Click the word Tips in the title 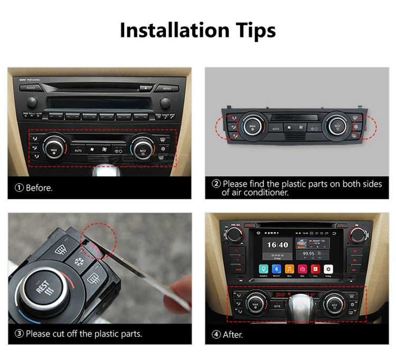(250, 30)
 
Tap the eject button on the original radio (143, 88)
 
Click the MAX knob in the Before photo (53, 148)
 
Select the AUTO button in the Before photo (78, 150)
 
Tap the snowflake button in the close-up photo (80, 261)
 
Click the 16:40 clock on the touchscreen (277, 244)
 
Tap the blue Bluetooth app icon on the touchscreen (276, 268)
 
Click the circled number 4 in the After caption (216, 334)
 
